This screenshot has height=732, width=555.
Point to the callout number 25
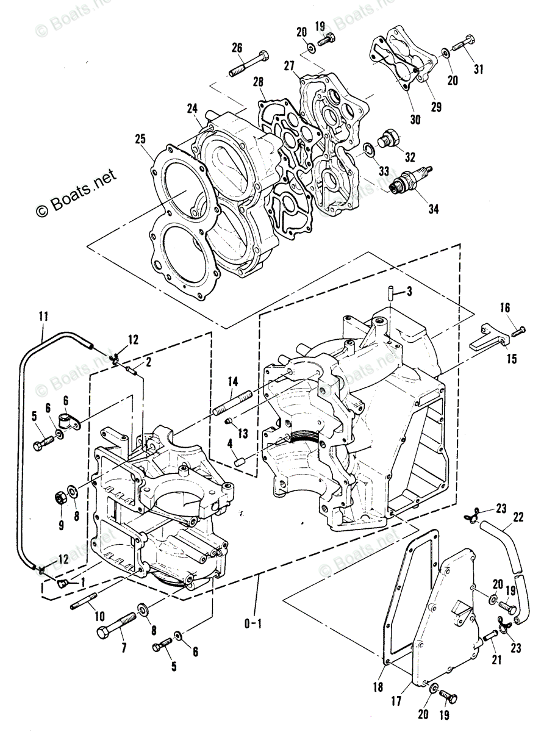141,140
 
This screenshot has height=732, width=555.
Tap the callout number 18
378,687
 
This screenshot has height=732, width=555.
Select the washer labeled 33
370,150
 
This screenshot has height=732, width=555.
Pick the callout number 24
193,109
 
